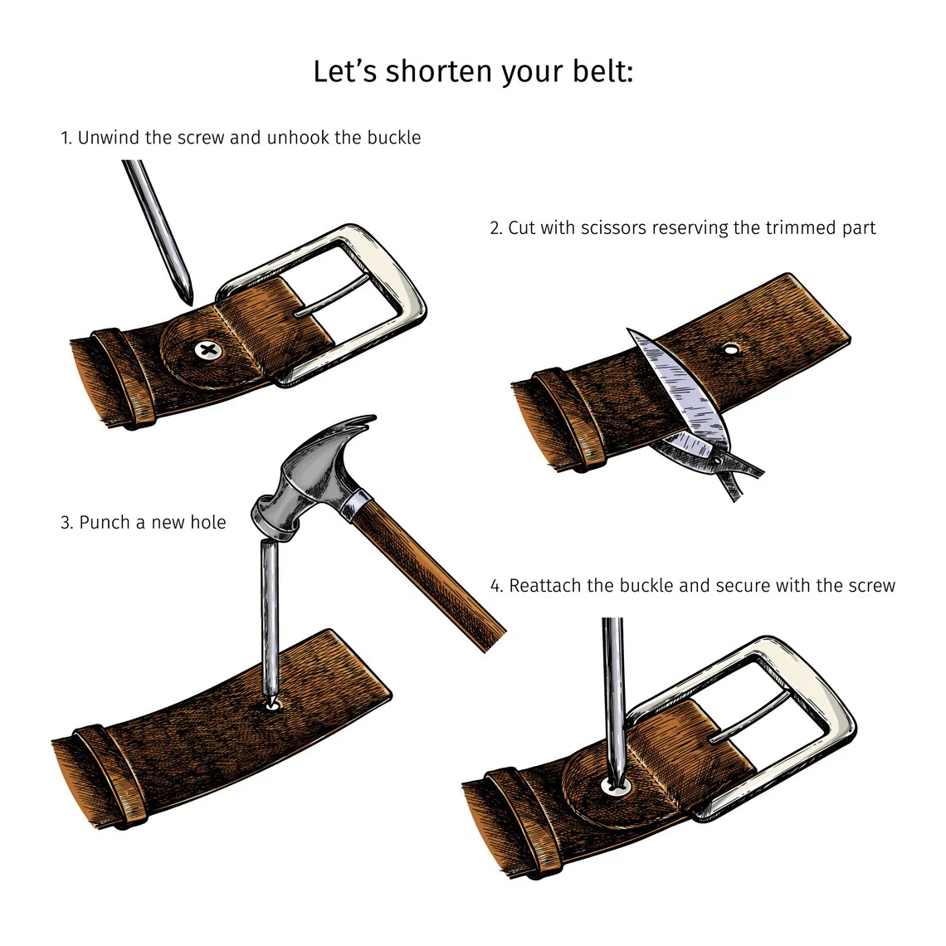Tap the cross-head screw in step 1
pyautogui.click(x=208, y=350)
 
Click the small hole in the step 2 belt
pyautogui.click(x=730, y=349)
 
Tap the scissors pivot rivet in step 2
pyautogui.click(x=718, y=461)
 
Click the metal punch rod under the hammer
pyautogui.click(x=270, y=622)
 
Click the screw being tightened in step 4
pyautogui.click(x=616, y=786)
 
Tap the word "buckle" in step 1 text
pyautogui.click(x=394, y=138)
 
